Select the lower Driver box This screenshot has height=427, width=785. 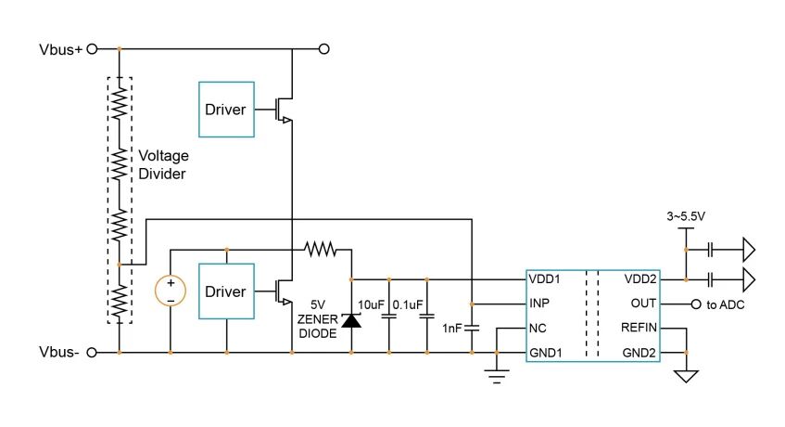[x=226, y=291]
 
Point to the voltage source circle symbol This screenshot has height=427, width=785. [x=171, y=291]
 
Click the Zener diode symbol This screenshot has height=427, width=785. [x=350, y=321]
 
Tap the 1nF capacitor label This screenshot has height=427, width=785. [x=452, y=329]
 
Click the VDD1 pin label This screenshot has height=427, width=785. [x=546, y=278]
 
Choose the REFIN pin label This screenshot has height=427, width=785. [x=638, y=328]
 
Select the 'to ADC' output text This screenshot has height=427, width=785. [x=727, y=304]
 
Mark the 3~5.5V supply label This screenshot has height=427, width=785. [x=686, y=216]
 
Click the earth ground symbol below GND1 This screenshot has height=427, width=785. [x=497, y=375]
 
